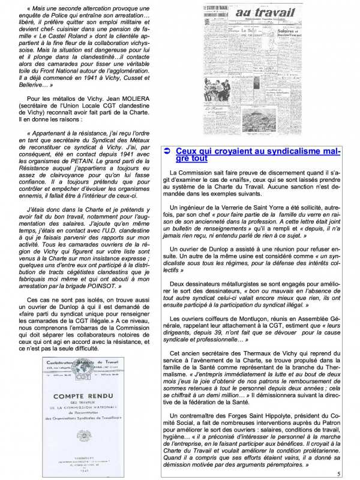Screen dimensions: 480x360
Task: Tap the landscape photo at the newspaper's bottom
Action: tap(275, 125)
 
